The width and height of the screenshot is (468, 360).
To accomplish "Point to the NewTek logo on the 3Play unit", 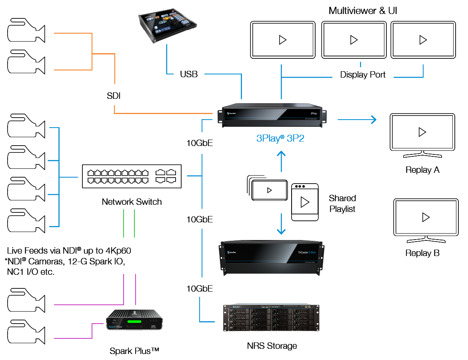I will [231, 114].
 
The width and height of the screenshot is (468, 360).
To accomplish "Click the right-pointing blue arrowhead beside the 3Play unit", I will [374, 119].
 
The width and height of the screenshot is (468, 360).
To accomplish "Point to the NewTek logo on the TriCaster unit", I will [232, 252].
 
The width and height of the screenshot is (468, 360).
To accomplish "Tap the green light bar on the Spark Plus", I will [134, 321].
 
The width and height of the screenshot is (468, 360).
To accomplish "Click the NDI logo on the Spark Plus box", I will [153, 326].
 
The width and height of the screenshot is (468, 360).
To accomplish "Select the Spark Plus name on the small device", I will [116, 327].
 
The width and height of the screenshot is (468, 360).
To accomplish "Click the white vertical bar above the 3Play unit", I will [277, 82].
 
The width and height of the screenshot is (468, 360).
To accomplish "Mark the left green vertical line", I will [124, 223].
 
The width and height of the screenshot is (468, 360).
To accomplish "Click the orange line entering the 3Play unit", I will [160, 113].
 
